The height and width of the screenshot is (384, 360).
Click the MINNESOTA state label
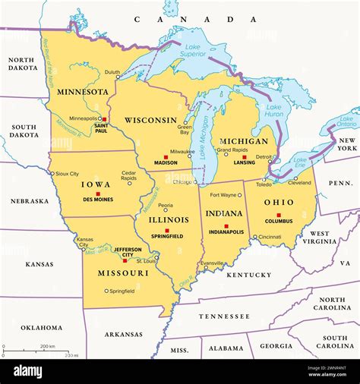point(81,92)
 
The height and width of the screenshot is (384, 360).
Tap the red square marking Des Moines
point(98,194)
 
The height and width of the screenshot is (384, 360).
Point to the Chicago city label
point(182,182)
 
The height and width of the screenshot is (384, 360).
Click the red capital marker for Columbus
point(279,215)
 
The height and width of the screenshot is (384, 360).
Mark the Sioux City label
point(67,173)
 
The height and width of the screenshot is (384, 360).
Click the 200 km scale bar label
point(47,346)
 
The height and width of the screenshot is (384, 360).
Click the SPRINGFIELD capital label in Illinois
point(166,237)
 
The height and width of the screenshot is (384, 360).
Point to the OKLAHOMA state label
point(42,327)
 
